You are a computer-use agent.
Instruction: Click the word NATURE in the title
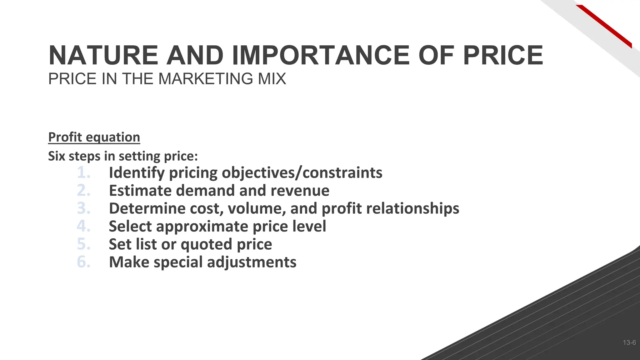click(x=103, y=55)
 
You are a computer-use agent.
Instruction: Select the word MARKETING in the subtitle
click(x=207, y=79)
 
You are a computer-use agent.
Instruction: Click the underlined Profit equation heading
click(x=94, y=137)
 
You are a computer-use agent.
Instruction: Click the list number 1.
click(x=83, y=172)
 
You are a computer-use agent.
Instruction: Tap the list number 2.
click(x=83, y=190)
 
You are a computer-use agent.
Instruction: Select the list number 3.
click(x=83, y=208)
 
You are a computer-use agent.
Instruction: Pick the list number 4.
click(x=83, y=226)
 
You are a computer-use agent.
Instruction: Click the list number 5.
click(x=83, y=244)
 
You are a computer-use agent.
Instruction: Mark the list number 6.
click(x=83, y=262)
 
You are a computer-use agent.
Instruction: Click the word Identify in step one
click(x=137, y=173)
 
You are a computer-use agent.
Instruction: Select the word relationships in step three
click(x=412, y=208)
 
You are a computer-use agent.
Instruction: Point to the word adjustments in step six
click(x=252, y=262)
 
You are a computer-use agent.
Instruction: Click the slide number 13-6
click(x=629, y=343)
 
